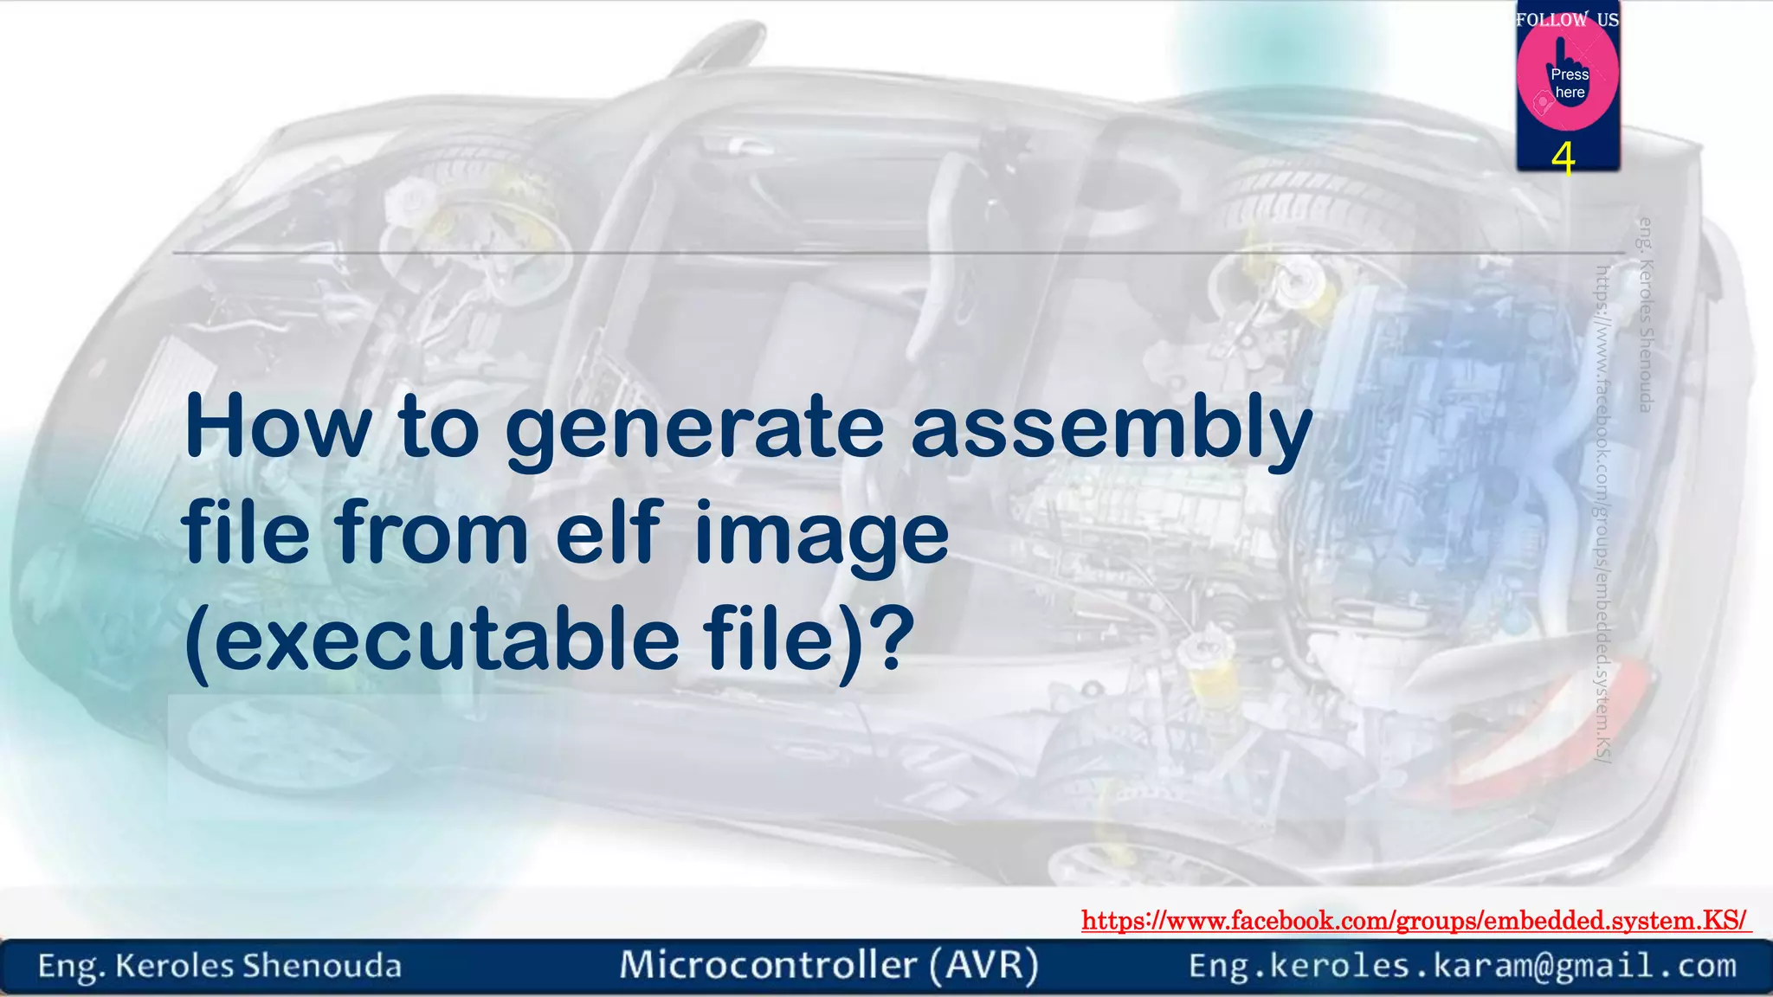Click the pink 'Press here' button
click(x=1568, y=80)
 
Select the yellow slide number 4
click(x=1563, y=158)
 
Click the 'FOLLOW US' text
click(x=1567, y=19)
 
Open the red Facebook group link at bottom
click(x=1415, y=920)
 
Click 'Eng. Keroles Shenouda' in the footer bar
click(x=220, y=966)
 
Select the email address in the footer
click(x=1462, y=966)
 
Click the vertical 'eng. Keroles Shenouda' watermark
click(x=1646, y=315)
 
